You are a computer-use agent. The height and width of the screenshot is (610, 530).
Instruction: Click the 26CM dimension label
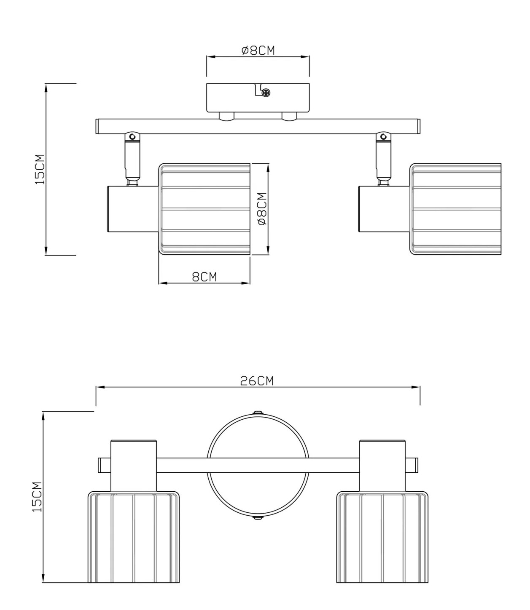(257, 381)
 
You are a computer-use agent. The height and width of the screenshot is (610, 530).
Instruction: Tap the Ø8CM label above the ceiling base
(258, 51)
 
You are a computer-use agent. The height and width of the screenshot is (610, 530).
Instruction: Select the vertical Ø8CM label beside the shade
(262, 209)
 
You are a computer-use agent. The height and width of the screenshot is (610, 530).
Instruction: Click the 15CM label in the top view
(40, 169)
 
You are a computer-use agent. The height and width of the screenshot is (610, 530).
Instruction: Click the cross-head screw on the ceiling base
(266, 93)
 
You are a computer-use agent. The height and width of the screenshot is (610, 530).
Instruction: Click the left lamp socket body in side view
(133, 209)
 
